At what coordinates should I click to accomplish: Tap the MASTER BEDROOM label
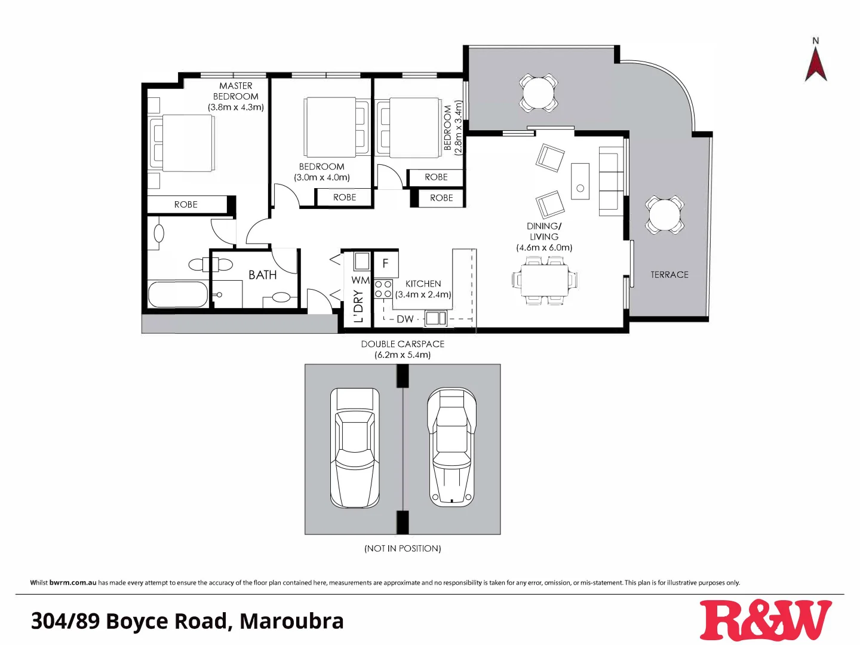(236, 91)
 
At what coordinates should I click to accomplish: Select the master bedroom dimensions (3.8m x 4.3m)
(236, 107)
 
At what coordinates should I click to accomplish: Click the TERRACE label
(669, 275)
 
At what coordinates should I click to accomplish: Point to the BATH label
(263, 275)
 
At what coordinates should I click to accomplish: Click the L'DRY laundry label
(358, 306)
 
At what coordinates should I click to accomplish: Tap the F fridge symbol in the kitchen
(386, 263)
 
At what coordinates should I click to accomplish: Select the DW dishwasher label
(405, 319)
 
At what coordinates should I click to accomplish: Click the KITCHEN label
(423, 284)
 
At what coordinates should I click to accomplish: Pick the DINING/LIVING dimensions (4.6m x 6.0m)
(544, 247)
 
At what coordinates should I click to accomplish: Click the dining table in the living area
(545, 281)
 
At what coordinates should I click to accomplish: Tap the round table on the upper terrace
(539, 93)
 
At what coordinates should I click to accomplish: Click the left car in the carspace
(355, 448)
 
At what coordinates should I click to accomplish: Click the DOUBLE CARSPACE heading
(403, 344)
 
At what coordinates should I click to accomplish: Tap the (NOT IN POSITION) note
(403, 548)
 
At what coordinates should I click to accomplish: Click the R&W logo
(766, 621)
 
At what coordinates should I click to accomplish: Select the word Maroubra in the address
(291, 621)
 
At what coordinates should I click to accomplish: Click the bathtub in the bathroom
(178, 294)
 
